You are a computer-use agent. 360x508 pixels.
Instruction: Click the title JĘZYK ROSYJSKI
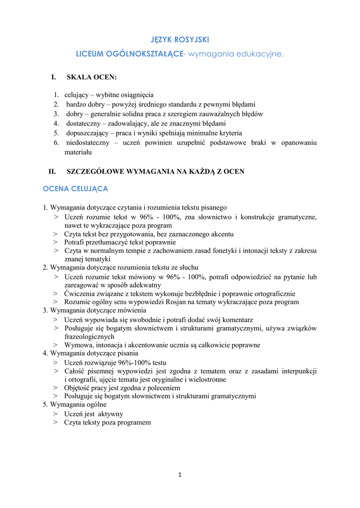click(x=180, y=39)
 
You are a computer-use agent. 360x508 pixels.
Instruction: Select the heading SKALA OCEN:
click(x=92, y=77)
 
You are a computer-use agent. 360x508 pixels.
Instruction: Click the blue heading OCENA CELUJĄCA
click(x=75, y=189)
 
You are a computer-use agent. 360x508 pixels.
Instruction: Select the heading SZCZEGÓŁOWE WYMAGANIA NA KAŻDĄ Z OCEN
click(x=155, y=172)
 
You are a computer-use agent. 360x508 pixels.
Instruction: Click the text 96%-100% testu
click(x=145, y=363)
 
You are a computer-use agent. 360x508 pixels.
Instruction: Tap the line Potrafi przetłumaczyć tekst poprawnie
click(x=120, y=243)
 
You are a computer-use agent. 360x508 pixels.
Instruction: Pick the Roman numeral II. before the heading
click(x=52, y=172)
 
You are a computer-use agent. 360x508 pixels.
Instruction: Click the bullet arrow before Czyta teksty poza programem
click(x=56, y=423)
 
